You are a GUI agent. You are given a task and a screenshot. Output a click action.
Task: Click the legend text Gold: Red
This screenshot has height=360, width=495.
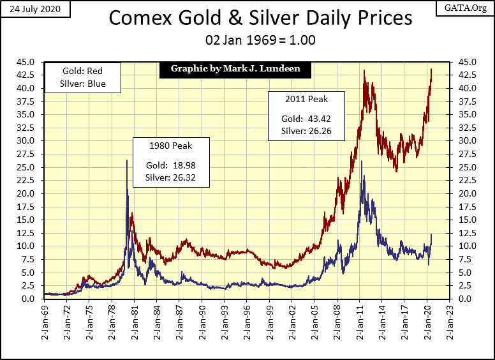pos(82,71)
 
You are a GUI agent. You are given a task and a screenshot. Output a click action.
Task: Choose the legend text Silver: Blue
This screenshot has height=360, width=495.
pos(82,84)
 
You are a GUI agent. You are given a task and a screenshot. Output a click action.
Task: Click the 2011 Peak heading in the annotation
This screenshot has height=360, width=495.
pos(304,100)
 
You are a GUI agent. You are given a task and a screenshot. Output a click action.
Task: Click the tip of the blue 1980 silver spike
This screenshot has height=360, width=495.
pos(126,160)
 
